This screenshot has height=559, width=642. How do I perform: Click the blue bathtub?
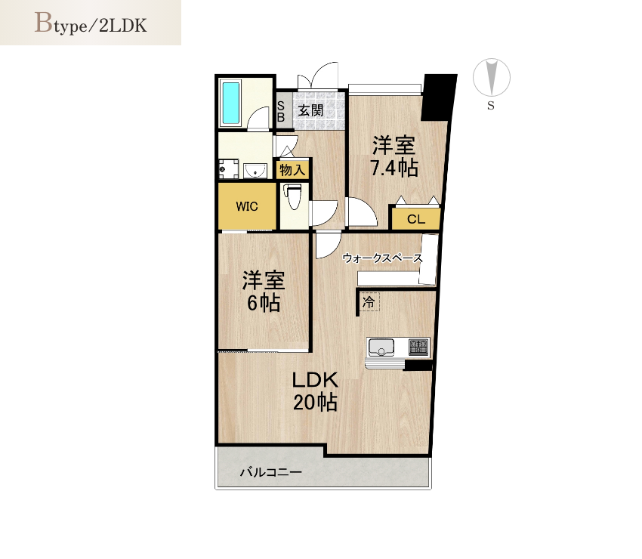230,104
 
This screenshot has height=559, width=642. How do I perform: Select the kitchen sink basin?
381,347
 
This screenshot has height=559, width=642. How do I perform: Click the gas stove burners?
418,347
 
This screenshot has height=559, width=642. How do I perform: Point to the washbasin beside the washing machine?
255,171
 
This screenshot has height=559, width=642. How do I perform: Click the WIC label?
247,206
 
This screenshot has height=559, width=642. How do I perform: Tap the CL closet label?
416,220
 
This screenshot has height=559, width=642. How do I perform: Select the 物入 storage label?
293,169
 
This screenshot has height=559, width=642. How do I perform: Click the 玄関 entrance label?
310,110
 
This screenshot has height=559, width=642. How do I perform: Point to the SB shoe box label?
281,111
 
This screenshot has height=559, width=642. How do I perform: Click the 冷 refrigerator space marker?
369,303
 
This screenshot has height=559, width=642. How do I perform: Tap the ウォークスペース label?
382,258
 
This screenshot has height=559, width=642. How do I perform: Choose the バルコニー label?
271,472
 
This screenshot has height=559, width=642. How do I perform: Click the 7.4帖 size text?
394,168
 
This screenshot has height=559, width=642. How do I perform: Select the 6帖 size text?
264,303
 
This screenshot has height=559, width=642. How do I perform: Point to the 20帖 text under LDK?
315,402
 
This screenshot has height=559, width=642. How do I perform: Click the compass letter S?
491,106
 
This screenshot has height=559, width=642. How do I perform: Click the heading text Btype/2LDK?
91,23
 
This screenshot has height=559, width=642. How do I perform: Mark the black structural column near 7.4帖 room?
439,97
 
